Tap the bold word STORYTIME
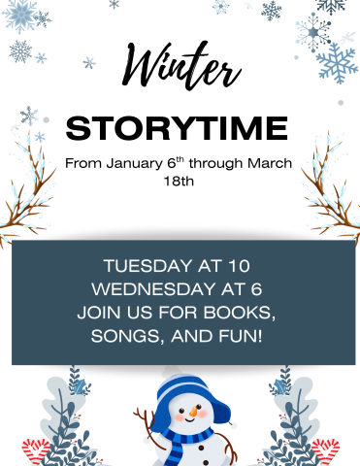click(x=177, y=127)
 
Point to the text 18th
click(x=180, y=180)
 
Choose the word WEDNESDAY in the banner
click(x=154, y=288)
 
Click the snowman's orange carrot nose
click(x=194, y=416)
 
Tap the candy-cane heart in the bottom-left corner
click(x=36, y=450)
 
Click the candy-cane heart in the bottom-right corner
click(x=326, y=450)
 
